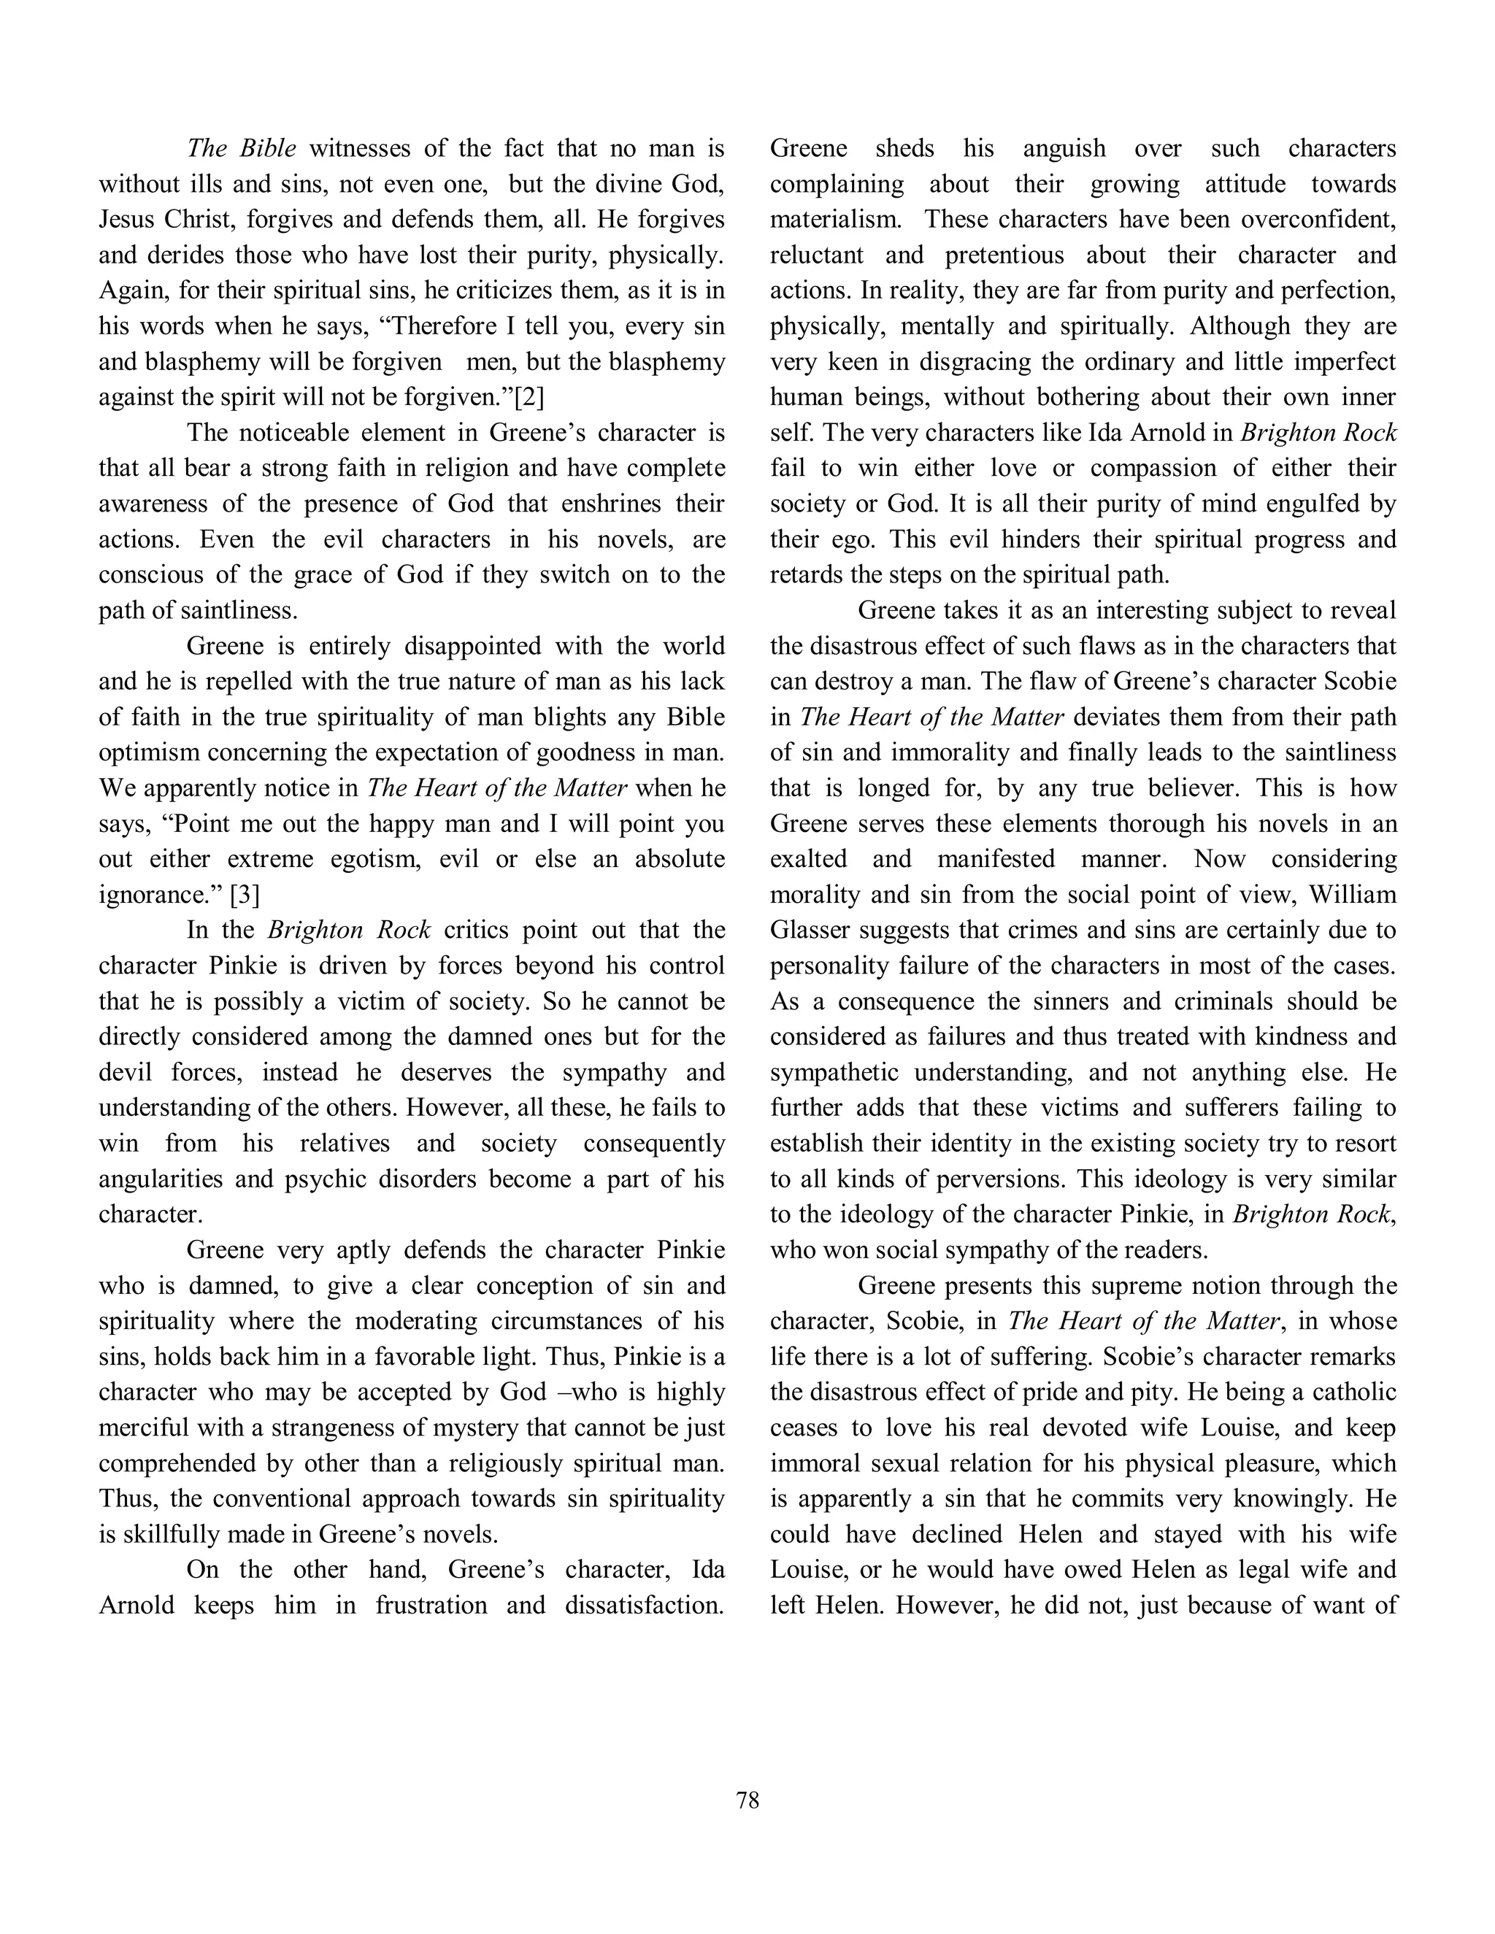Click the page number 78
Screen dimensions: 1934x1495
[747, 1800]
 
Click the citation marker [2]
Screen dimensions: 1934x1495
[529, 398]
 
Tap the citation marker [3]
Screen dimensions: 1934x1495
[245, 895]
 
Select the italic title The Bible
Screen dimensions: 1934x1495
[241, 149]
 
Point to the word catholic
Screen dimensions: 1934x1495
[1353, 1391]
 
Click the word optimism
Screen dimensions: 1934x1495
[150, 752]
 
